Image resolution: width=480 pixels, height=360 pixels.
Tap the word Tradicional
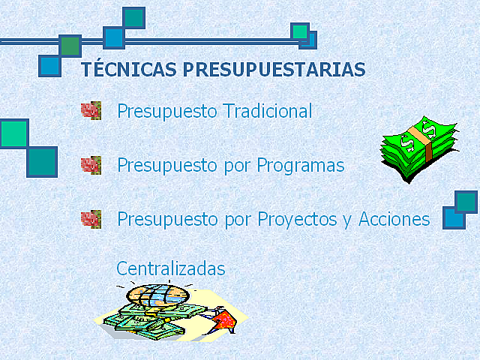tap(268, 112)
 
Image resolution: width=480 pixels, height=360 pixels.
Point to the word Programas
tap(300, 166)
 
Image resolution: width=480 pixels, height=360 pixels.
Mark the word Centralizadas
tap(170, 268)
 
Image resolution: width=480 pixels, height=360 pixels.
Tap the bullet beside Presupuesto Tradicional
tap(91, 111)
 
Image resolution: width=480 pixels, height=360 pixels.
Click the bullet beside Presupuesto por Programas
tap(91, 165)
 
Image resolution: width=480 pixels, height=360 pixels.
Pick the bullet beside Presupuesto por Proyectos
tap(91, 219)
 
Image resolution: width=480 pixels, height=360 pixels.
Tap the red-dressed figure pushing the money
tap(223, 321)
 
